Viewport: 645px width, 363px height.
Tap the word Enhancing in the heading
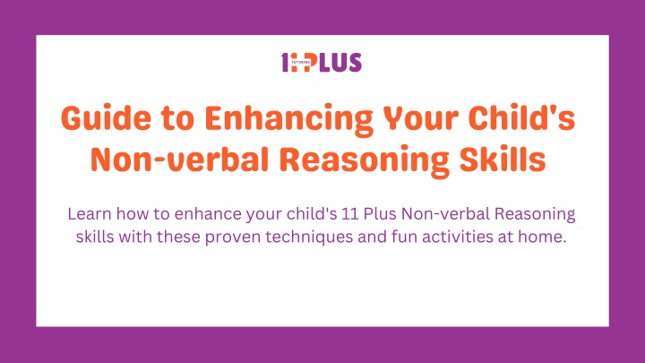[x=288, y=120]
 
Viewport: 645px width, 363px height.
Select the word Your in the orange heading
[x=420, y=118]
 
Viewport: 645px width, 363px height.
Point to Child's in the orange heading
[x=521, y=117]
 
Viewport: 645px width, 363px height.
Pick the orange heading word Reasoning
[x=364, y=161]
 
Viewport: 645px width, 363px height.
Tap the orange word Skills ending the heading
[x=503, y=159]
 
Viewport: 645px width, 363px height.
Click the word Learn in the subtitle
[x=90, y=214]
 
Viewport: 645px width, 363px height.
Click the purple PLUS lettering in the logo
[x=335, y=62]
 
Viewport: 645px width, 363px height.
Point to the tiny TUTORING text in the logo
[x=300, y=62]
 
